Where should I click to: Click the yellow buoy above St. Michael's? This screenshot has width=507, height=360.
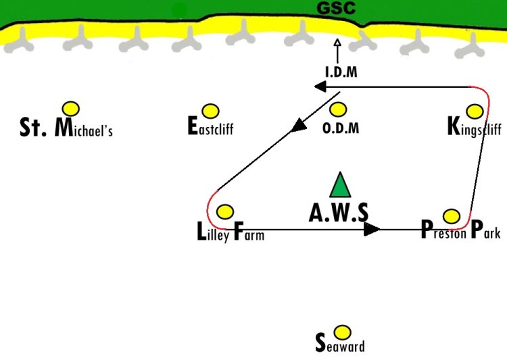tap(71, 109)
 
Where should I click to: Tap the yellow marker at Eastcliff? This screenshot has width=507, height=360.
tap(210, 111)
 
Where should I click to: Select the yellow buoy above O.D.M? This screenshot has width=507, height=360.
tap(338, 109)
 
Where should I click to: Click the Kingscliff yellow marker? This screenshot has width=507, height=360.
tap(475, 111)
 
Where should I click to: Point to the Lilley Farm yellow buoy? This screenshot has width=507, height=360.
tap(225, 211)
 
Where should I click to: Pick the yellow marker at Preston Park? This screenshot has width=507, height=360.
tap(452, 216)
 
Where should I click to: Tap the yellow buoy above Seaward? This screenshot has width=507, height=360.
tap(342, 332)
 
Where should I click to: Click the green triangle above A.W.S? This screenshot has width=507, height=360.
tap(340, 184)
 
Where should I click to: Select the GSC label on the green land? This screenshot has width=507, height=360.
tap(336, 8)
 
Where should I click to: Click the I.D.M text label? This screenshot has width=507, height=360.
tap(341, 72)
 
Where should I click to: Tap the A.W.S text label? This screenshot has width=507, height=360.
tap(338, 213)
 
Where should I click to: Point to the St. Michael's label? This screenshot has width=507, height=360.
tap(66, 128)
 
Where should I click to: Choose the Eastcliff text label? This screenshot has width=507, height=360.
tap(210, 126)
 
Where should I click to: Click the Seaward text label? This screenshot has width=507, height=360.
tap(340, 344)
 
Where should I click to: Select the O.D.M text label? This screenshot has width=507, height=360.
tap(341, 128)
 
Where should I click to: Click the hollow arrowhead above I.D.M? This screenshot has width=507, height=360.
tap(337, 43)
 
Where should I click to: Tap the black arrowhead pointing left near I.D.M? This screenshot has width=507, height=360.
tap(320, 86)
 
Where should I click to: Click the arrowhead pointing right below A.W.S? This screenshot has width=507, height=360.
tap(372, 229)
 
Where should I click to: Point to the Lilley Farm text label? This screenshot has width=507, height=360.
tap(231, 232)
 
